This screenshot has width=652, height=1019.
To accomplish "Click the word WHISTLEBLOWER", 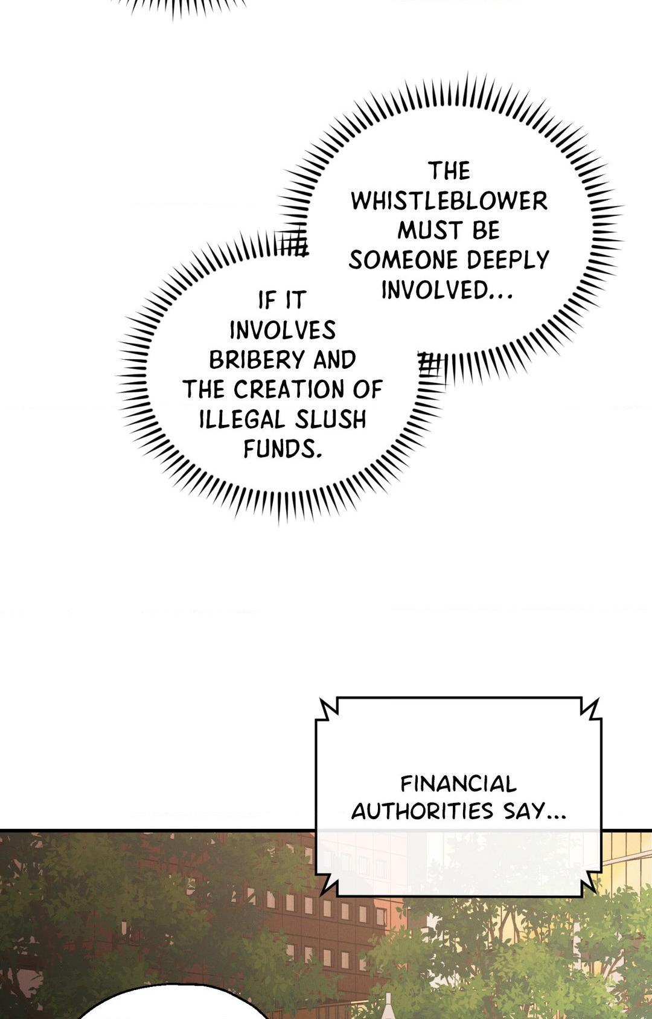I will point(449,202).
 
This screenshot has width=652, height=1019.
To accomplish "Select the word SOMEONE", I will point(395,260).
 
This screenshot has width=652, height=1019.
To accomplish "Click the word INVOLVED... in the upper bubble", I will point(447,290).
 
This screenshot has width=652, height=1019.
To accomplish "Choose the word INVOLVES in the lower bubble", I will point(283,330).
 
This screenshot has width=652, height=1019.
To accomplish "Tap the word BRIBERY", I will point(257,360).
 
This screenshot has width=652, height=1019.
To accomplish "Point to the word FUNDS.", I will point(281,449).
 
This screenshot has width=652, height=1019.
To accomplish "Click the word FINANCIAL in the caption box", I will point(458,784).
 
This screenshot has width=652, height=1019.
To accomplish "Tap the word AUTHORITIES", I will point(421,811).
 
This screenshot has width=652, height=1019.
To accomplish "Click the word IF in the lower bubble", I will point(266,300).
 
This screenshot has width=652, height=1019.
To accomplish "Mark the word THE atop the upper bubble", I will point(449,171).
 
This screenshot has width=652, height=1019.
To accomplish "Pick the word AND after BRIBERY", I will point(334,360).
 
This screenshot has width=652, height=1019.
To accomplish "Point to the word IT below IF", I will point(296,300).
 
